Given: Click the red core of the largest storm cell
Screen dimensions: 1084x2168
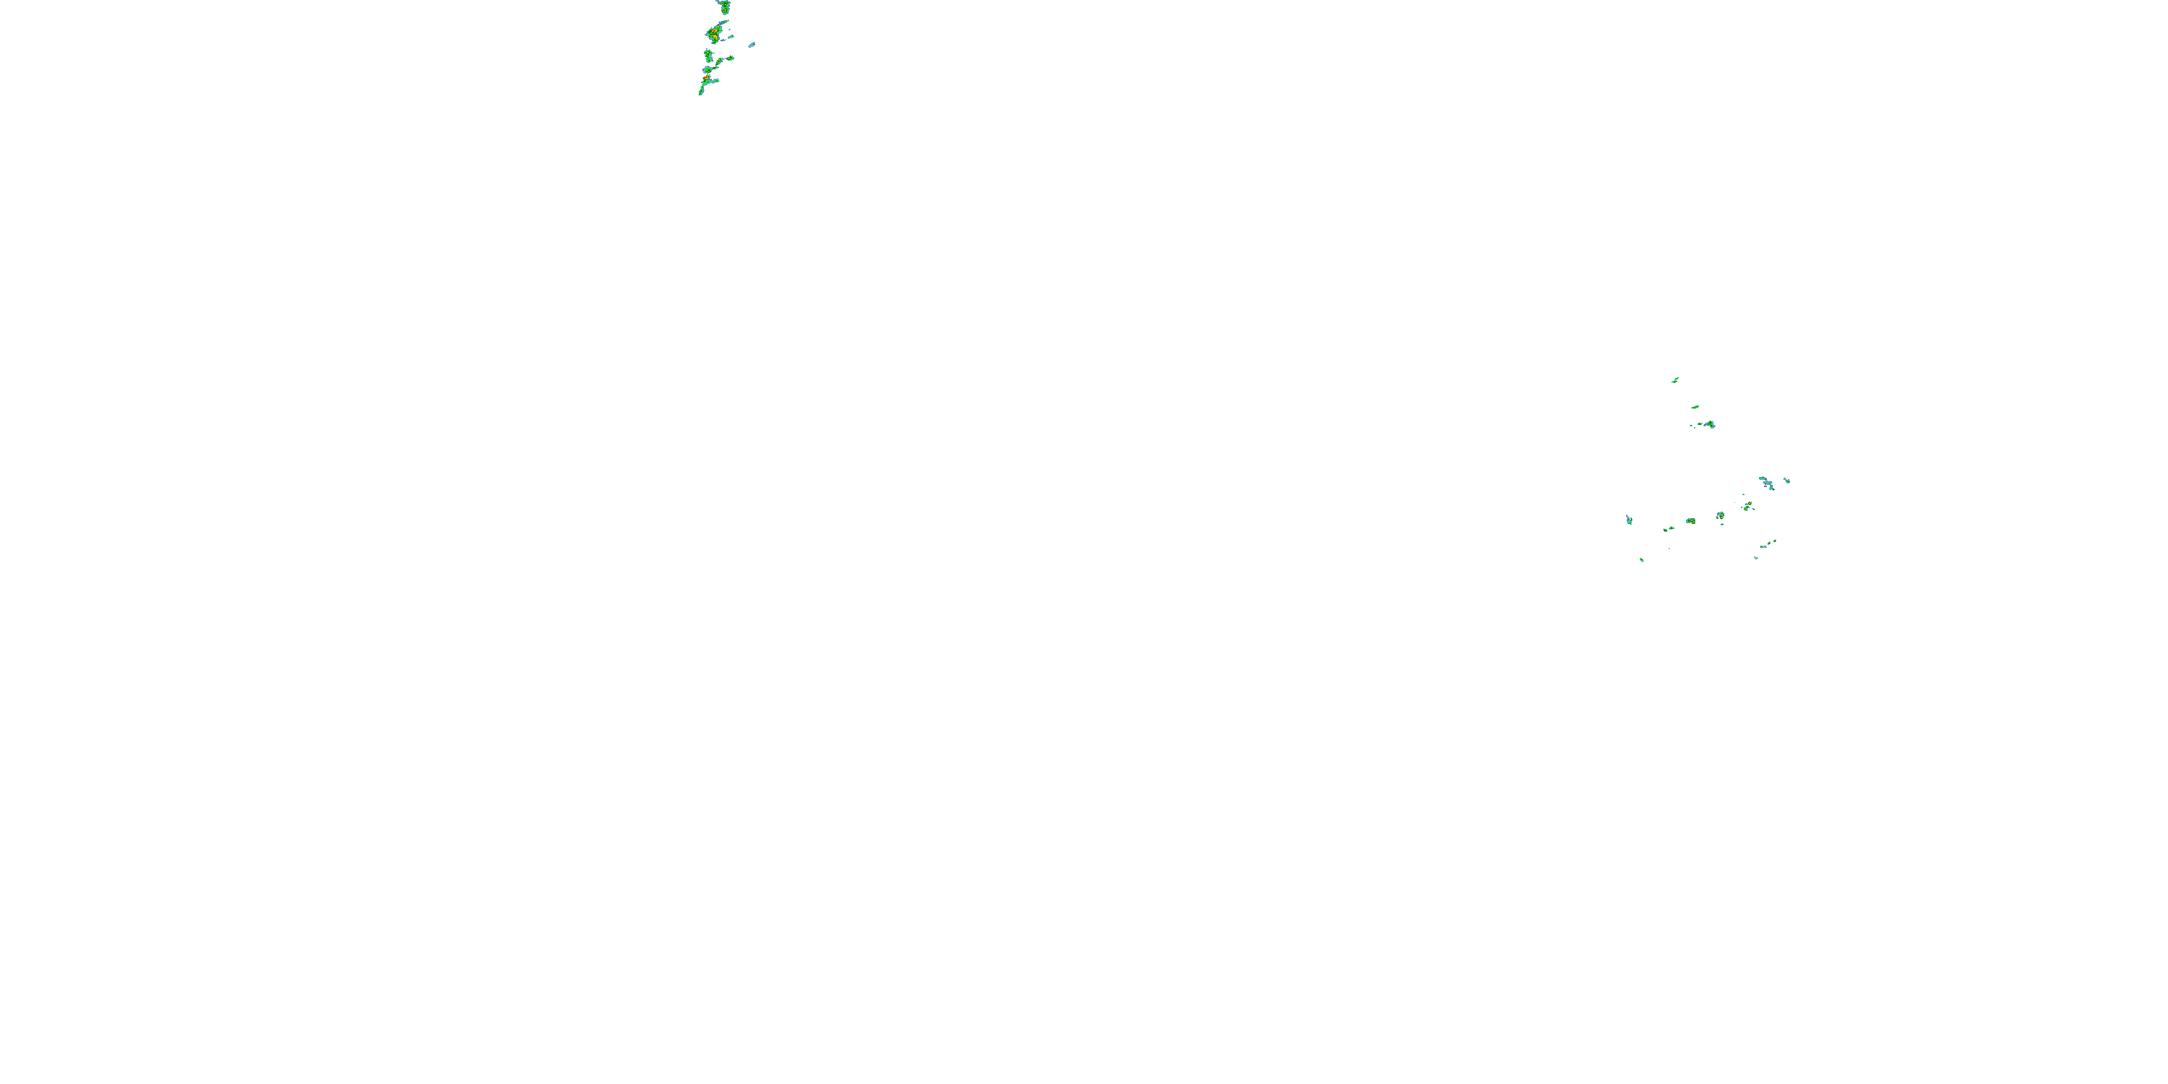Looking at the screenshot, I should (714, 32).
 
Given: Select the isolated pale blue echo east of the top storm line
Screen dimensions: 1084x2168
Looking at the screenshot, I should (752, 45).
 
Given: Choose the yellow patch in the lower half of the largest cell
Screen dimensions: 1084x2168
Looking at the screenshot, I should (715, 38).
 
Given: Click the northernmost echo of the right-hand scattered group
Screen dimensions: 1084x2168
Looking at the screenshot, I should (1675, 380).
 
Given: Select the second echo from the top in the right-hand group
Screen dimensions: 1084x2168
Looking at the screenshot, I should (1695, 408).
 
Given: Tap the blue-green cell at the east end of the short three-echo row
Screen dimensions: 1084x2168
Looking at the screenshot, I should (1710, 424).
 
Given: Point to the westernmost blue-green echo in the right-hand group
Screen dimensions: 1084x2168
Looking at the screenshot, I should (1630, 520).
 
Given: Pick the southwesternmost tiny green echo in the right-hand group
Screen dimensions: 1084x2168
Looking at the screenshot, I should (1641, 559).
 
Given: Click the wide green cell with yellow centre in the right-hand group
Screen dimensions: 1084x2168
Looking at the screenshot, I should (1691, 522).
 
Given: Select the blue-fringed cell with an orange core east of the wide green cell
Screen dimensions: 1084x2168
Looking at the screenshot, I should (1719, 516).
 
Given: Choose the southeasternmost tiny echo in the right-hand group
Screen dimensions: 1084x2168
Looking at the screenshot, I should (1755, 557).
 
